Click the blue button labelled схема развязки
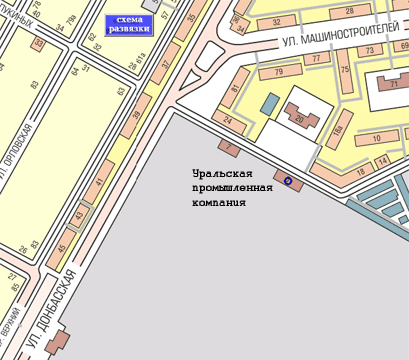tap(128, 25)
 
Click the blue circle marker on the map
tap(288, 181)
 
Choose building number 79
tap(279, 72)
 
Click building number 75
tap(345, 70)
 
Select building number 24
tap(230, 122)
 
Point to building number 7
tap(229, 149)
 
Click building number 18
tap(361, 171)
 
